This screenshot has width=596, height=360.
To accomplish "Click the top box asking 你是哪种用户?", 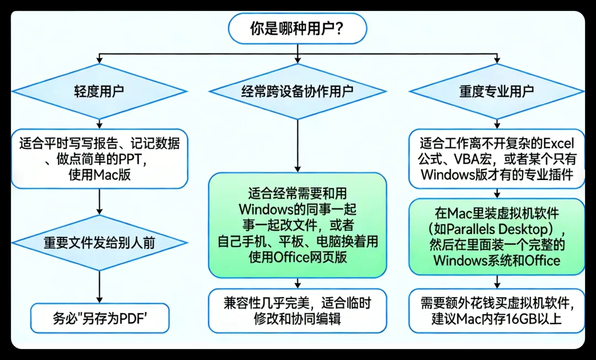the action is (x=297, y=29).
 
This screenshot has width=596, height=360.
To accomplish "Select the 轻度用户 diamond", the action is (x=99, y=91).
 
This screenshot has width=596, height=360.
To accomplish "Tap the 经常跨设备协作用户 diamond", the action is (x=297, y=91).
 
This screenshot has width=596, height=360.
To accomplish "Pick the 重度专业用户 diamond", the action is (x=497, y=91).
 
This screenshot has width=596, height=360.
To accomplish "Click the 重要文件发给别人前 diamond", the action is (x=99, y=243).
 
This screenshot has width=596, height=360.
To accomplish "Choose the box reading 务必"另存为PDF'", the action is (x=99, y=318).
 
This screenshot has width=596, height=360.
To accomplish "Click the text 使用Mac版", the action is (x=99, y=175).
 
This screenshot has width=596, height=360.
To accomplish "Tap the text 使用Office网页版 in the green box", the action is (x=297, y=257).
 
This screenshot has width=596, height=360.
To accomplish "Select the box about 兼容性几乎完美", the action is (x=297, y=310).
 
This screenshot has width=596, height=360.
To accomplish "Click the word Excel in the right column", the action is (x=558, y=144).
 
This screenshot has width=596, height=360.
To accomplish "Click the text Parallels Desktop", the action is (x=498, y=229).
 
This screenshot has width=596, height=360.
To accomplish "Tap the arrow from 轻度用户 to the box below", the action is (x=99, y=124).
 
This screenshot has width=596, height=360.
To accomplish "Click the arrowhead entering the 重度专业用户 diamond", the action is (x=497, y=60).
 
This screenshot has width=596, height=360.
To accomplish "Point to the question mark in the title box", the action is (x=339, y=29).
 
